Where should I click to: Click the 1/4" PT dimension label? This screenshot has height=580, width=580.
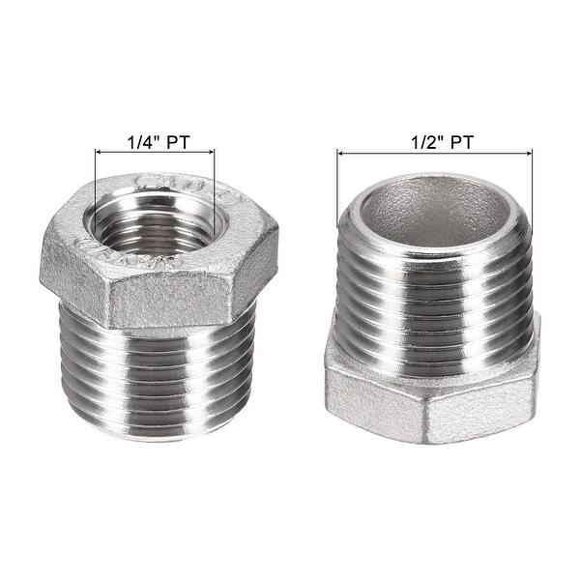[156, 140]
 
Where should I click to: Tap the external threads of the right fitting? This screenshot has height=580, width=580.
[432, 290]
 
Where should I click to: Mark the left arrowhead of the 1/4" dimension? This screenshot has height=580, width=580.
[98, 151]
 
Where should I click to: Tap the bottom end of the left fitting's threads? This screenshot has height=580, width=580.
[159, 425]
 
